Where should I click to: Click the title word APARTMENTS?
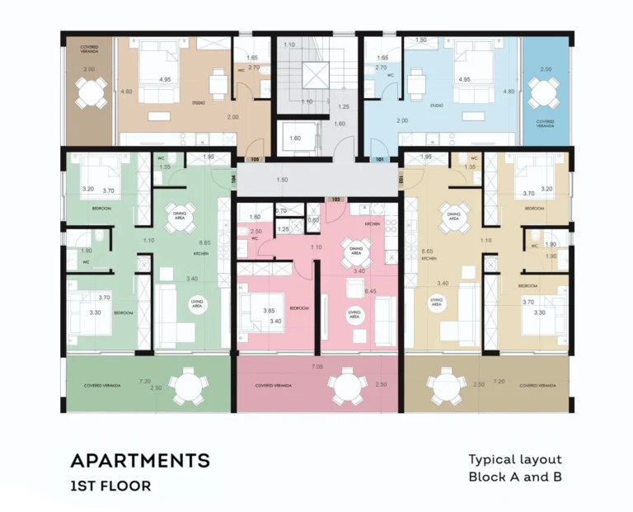tap(139, 460)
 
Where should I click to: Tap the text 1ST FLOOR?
tap(110, 486)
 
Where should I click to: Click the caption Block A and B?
tap(514, 477)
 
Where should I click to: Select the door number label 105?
tap(255, 160)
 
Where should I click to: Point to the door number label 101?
tap(380, 160)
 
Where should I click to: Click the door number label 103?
tap(335, 200)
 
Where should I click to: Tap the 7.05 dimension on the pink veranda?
tap(316, 365)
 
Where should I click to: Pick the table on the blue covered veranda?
tap(543, 93)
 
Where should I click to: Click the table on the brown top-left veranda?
tap(90, 93)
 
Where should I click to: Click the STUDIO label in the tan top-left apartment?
tap(198, 104)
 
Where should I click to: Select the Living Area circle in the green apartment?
tap(197, 304)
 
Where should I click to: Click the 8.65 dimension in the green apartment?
tap(205, 242)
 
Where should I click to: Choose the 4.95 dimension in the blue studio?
tap(463, 80)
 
